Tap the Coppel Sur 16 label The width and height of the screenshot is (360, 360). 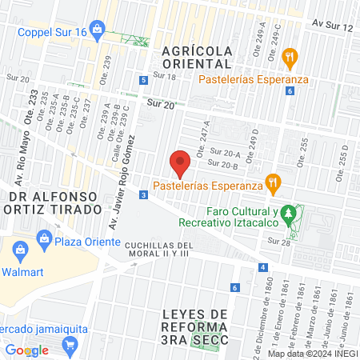tap(54, 31)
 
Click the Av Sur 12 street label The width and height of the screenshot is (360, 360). tap(333, 26)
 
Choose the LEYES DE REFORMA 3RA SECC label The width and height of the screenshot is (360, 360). tap(195, 326)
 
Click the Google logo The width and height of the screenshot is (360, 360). tap(26, 350)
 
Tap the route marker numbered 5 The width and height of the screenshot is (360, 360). tap(142, 80)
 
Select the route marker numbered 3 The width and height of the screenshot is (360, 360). tap(142, 194)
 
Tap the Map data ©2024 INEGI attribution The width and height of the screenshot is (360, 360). tap(311, 353)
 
